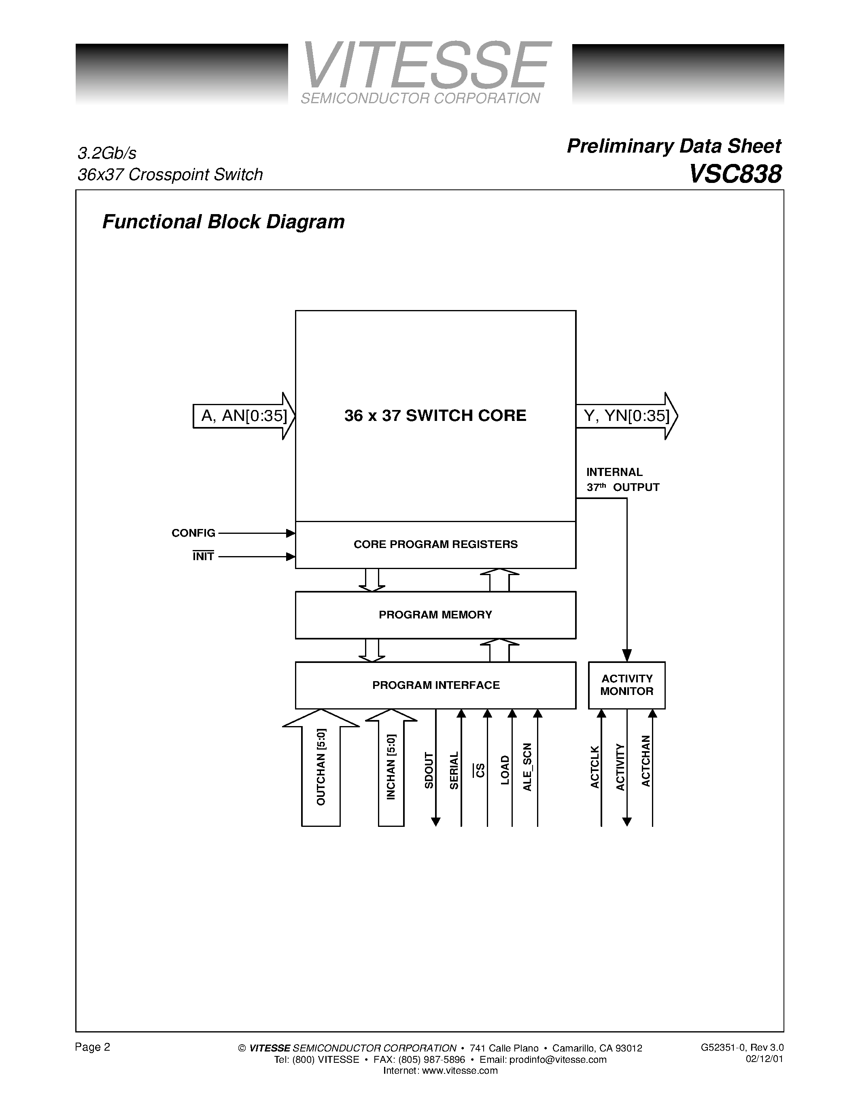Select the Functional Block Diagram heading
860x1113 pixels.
(x=223, y=222)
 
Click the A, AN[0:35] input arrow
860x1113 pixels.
(x=244, y=416)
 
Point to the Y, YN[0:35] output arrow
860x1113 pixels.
(x=626, y=416)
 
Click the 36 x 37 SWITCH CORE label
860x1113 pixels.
(x=435, y=415)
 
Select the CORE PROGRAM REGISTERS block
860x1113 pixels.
(x=435, y=544)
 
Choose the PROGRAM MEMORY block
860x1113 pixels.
(x=435, y=615)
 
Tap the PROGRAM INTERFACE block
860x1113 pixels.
(x=435, y=685)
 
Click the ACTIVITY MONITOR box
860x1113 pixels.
(x=626, y=685)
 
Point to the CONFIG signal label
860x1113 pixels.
(x=193, y=533)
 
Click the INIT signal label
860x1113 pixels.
(x=203, y=556)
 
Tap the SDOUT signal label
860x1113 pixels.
(x=429, y=771)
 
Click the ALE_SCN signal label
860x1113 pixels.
(x=527, y=767)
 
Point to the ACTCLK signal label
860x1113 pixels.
(x=595, y=767)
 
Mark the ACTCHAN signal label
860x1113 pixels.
(x=646, y=761)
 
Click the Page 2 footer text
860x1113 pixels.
(x=92, y=1047)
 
